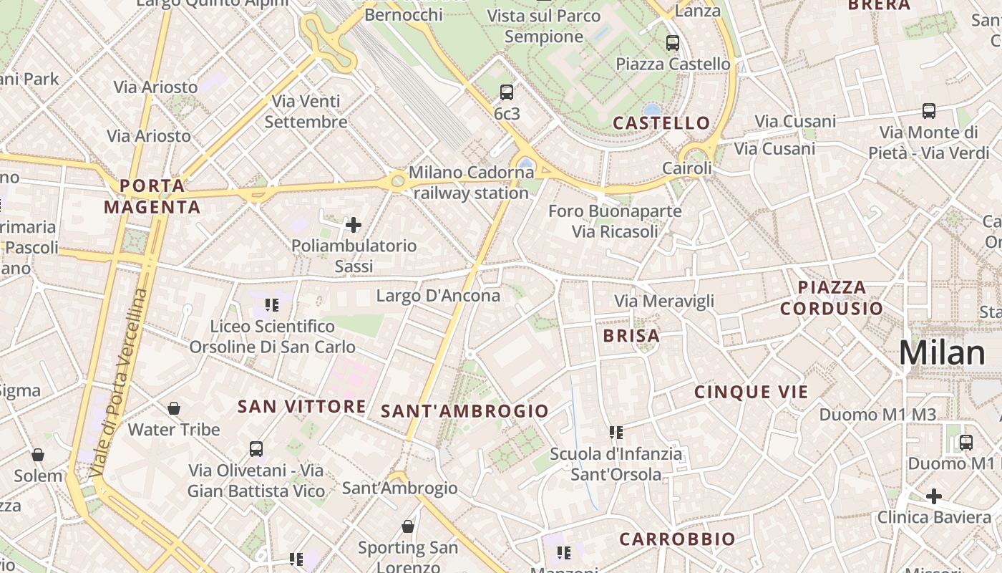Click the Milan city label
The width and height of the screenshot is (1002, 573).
point(942,353)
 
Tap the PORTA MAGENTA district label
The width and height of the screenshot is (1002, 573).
point(152,197)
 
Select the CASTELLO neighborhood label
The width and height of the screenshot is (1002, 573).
point(661,123)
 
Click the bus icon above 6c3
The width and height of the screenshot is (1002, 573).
point(507,92)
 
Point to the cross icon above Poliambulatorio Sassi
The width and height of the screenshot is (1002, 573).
point(354,226)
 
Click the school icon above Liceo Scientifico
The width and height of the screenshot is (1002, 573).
point(272,306)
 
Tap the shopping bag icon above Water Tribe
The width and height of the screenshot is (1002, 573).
point(174,409)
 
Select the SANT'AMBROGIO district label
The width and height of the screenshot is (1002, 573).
point(464,411)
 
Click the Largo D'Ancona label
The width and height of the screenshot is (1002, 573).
point(438,296)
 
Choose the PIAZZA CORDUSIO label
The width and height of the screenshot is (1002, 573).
point(832,298)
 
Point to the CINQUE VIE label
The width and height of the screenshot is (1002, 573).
point(751,392)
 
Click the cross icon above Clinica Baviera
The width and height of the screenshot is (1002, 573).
point(934,496)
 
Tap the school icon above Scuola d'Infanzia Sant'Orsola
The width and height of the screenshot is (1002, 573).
point(616,433)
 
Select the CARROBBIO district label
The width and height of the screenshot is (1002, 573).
point(677,539)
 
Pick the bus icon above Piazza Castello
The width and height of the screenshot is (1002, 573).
point(673,43)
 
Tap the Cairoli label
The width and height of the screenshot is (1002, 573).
point(687,168)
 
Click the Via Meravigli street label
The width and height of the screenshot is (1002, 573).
point(664,302)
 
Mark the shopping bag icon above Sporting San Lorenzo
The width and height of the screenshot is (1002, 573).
point(408,527)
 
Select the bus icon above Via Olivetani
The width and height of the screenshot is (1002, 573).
point(256,449)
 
